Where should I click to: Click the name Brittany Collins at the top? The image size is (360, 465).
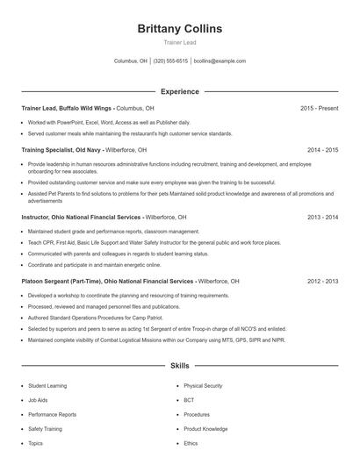(x=179, y=28)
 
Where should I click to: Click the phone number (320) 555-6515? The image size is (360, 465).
(x=170, y=61)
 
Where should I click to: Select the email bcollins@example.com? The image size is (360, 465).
(x=220, y=61)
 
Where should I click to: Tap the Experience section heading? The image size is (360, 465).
(x=179, y=91)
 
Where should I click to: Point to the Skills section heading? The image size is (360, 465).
(x=179, y=365)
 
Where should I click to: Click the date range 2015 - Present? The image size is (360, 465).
(x=319, y=108)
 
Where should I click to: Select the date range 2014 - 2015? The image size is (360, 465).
(x=322, y=150)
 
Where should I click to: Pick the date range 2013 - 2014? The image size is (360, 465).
(x=322, y=217)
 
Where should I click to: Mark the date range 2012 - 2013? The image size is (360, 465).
(x=322, y=282)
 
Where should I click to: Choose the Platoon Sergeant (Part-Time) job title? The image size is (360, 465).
(x=107, y=282)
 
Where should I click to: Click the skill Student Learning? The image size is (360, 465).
(x=47, y=385)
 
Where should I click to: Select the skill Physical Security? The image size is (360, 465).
(x=203, y=385)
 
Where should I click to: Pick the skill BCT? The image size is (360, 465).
(x=189, y=399)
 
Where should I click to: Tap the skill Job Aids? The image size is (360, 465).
(x=39, y=399)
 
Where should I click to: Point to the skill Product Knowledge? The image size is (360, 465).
(x=205, y=429)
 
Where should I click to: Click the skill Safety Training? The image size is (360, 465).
(x=46, y=429)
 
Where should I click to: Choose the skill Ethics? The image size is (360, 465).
(x=191, y=443)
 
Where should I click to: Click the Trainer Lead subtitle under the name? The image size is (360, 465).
(x=179, y=42)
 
